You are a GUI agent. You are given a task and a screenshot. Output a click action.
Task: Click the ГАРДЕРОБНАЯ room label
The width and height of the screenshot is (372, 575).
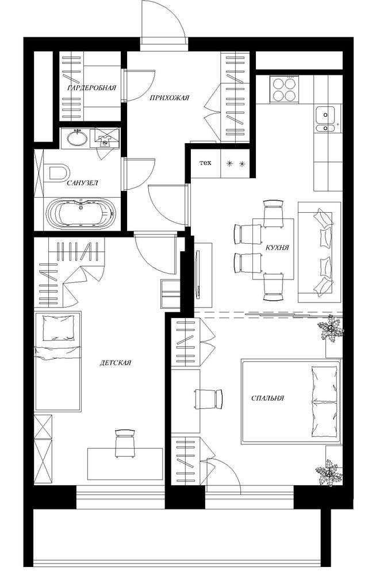pyautogui.click(x=92, y=87)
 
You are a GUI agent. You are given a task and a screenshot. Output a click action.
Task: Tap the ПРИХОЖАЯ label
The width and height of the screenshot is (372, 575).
pyautogui.click(x=169, y=98)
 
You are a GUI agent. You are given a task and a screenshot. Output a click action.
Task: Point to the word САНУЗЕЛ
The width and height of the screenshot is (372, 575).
pyautogui.click(x=83, y=183)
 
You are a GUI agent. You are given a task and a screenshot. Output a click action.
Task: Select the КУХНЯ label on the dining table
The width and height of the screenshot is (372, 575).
pyautogui.click(x=277, y=247)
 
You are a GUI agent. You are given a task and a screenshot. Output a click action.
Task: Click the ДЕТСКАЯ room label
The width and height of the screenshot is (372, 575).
pyautogui.click(x=115, y=363)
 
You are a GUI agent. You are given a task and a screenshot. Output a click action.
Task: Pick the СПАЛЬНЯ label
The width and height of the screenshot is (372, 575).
pyautogui.click(x=268, y=398)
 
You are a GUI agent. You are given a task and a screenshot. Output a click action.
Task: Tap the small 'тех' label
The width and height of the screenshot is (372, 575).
pyautogui.click(x=205, y=163)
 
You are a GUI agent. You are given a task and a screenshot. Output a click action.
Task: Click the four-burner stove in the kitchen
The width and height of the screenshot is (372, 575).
pyautogui.click(x=284, y=89)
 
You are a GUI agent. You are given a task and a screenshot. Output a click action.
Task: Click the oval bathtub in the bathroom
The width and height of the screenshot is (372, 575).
pyautogui.click(x=80, y=214)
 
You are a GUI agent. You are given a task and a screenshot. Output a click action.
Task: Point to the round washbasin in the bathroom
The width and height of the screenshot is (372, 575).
pyautogui.click(x=77, y=138)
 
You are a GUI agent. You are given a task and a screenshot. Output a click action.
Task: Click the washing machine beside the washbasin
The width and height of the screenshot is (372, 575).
pyautogui.click(x=105, y=138)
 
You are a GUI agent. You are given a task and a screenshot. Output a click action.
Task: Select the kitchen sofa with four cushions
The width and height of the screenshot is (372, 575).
pyautogui.click(x=319, y=252)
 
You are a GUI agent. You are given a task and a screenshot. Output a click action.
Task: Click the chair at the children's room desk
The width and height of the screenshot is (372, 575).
pyautogui.click(x=125, y=444)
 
